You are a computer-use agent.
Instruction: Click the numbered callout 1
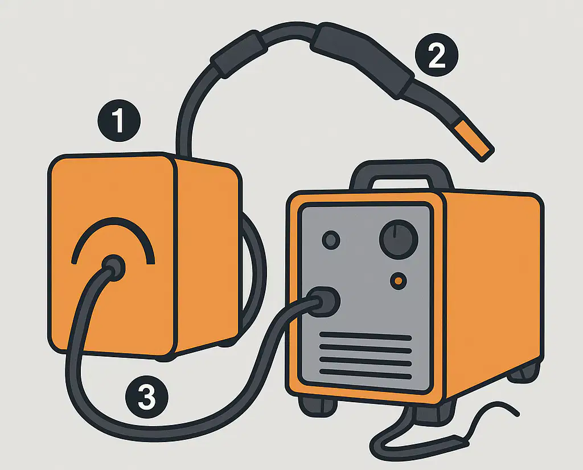click(x=119, y=121)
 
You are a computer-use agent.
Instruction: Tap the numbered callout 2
click(x=437, y=55)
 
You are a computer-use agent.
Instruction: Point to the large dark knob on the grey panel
click(x=399, y=239)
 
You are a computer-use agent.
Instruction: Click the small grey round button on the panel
click(x=331, y=240)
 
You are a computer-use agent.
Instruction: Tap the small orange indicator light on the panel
click(x=398, y=281)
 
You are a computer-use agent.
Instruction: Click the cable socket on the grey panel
click(x=323, y=301)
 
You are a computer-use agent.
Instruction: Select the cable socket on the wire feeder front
click(x=113, y=268)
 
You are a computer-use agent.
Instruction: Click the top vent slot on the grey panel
click(x=366, y=336)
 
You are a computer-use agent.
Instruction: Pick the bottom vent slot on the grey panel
click(x=366, y=374)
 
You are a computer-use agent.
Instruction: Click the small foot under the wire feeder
click(x=163, y=358)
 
